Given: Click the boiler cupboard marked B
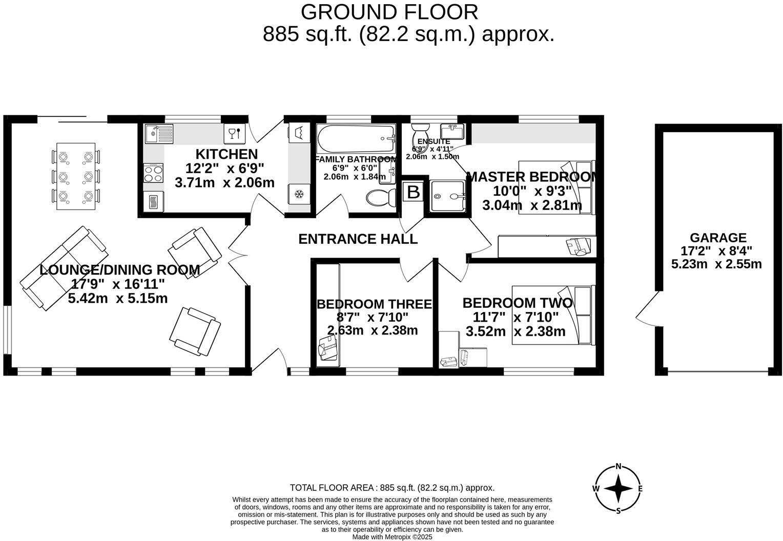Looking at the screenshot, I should [x=413, y=192].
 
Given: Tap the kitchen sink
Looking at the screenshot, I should [x=159, y=134].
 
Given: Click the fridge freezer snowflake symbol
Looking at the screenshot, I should [x=299, y=194].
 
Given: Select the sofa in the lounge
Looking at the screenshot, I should [x=64, y=268].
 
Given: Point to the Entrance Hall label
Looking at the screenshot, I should [x=358, y=239].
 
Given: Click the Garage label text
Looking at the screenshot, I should [x=718, y=238].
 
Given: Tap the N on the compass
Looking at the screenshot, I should [x=619, y=466].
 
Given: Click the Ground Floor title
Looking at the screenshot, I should [x=389, y=11].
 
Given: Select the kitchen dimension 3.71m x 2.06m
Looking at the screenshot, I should [x=224, y=182].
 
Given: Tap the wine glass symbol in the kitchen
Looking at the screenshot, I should [x=233, y=134].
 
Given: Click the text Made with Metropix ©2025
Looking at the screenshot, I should [x=392, y=537].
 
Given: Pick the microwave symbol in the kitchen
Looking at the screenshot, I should [x=153, y=202].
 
